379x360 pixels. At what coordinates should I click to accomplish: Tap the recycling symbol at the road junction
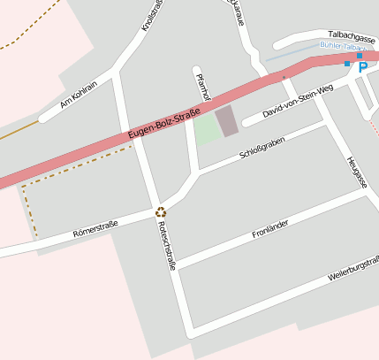pyautogui.click(x=161, y=211)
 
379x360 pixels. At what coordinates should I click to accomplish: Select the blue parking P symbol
pyautogui.click(x=362, y=67)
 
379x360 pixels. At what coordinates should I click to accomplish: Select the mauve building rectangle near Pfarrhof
pyautogui.click(x=227, y=121)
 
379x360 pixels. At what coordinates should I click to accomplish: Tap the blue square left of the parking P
pyautogui.click(x=347, y=64)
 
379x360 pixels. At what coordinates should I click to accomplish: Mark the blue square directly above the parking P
pyautogui.click(x=360, y=56)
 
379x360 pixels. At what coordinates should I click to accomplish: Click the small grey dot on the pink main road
pyautogui.click(x=284, y=78)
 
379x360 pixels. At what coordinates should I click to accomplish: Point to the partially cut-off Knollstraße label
pyautogui.click(x=153, y=15)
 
